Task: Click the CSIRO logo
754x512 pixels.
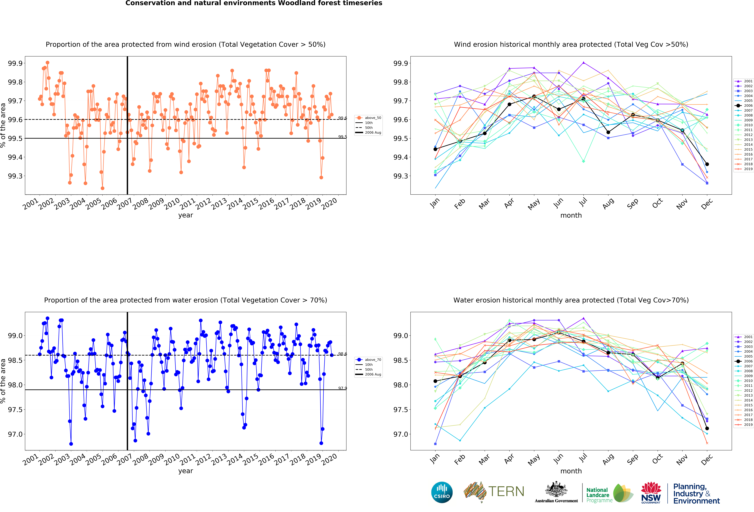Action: (x=442, y=492)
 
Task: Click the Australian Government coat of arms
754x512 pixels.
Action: (x=556, y=490)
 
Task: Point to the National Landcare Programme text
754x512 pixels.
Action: (x=599, y=495)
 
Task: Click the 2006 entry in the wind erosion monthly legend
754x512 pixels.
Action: (x=743, y=105)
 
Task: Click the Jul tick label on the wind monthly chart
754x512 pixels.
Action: (x=583, y=202)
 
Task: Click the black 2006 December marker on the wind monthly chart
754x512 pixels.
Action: (x=707, y=164)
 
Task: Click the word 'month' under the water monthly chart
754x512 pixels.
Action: (x=571, y=471)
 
